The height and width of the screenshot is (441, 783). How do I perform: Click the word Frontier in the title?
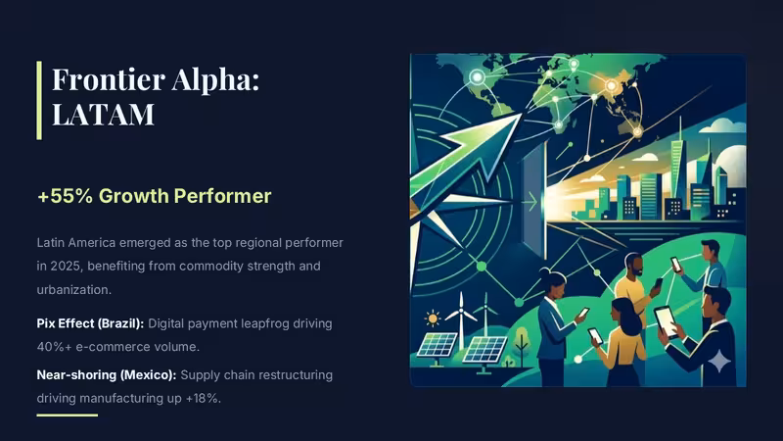point(109,79)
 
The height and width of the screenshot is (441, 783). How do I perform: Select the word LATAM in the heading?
point(103,114)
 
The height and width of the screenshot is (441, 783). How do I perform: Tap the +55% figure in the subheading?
point(65,196)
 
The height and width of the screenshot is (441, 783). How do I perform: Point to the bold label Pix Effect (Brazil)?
point(90,323)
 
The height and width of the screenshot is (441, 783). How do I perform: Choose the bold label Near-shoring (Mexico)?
point(107,375)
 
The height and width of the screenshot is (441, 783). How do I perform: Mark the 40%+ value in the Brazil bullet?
point(54,347)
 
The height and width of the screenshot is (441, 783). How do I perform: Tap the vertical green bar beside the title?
point(39,101)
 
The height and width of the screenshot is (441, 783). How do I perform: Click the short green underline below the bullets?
point(67,415)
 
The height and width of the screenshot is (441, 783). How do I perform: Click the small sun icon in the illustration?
point(432,318)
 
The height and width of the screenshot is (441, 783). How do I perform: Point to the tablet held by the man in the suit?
point(667,321)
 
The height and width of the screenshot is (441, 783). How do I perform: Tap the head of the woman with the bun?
point(551,283)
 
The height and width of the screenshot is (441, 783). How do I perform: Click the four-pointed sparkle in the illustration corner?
point(719,362)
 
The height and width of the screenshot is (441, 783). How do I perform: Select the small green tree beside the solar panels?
point(522,342)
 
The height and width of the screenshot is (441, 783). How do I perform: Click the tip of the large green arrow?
point(521,114)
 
